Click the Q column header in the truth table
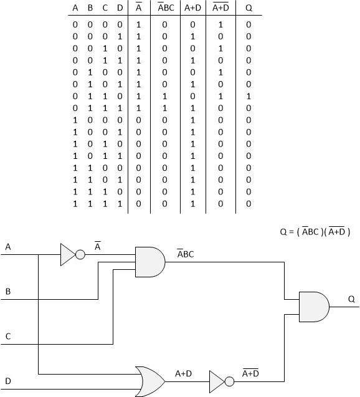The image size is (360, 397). (249, 9)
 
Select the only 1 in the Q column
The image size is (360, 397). (249, 97)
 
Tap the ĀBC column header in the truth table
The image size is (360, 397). (165, 9)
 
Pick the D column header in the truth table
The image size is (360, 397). (118, 9)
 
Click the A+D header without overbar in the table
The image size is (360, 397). (192, 9)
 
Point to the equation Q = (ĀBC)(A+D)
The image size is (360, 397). (315, 231)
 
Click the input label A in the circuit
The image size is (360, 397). (8, 247)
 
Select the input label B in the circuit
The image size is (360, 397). (8, 291)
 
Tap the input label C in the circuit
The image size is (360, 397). (8, 336)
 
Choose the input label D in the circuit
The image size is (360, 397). (8, 380)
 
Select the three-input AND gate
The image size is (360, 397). (150, 261)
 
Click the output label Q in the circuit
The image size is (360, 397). (351, 299)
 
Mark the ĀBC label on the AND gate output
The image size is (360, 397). (186, 254)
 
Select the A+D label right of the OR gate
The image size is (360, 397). (183, 373)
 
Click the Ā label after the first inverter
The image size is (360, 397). (98, 247)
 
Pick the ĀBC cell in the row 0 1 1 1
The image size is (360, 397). (165, 108)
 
